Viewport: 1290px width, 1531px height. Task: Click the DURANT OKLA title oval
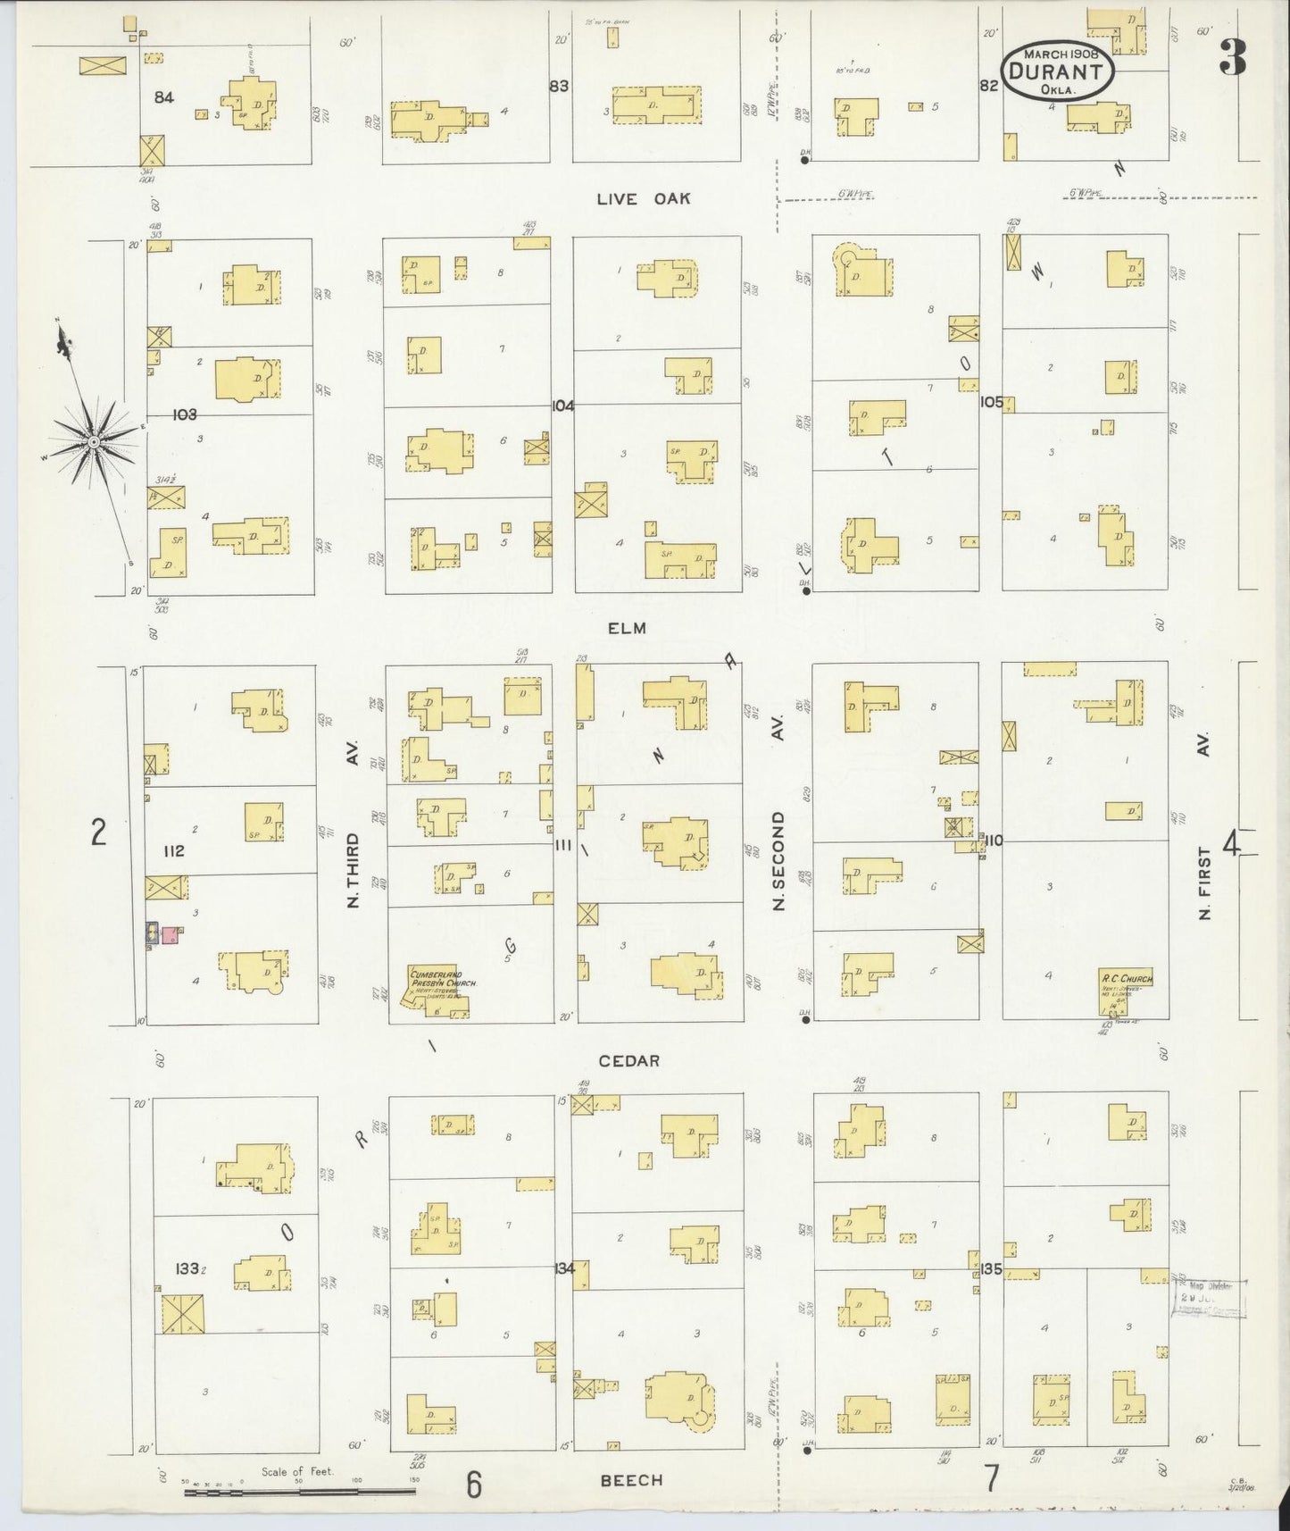coord(1057,68)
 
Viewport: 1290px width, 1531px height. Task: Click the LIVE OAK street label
coord(643,198)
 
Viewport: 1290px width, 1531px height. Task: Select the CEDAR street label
coord(628,1060)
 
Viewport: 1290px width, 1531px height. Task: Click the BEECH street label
coord(631,1480)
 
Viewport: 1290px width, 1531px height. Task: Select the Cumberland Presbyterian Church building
coord(437,991)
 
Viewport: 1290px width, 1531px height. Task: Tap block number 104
coord(563,405)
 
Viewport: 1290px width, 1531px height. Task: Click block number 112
coord(173,850)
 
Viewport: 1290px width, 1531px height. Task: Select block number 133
coord(187,1268)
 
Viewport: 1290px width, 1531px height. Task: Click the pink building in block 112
coord(170,935)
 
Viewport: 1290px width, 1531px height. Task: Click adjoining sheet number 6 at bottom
coord(474,1485)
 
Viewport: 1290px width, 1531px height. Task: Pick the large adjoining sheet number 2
coord(99,832)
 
